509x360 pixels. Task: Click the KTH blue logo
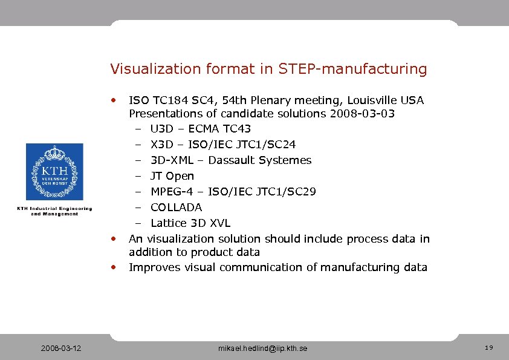54,172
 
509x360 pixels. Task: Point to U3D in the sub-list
161,129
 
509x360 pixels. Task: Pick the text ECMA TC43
219,129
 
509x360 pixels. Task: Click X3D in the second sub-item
161,145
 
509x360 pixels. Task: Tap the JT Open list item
172,176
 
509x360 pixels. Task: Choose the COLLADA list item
176,208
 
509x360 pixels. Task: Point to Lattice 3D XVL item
190,223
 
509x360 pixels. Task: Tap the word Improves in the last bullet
155,267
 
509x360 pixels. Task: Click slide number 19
489,348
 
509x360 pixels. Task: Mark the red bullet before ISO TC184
113,98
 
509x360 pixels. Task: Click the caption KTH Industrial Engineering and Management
54,211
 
